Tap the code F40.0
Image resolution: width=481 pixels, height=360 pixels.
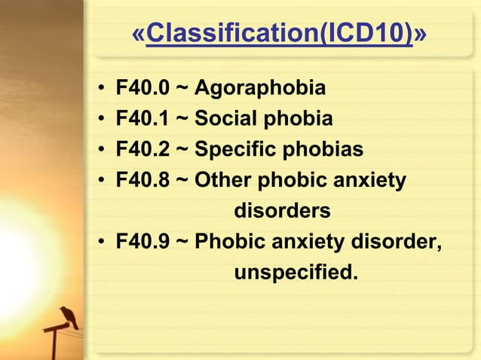(142, 90)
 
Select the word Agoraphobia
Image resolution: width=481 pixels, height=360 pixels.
(260, 90)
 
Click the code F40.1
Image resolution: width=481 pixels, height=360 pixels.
(142, 119)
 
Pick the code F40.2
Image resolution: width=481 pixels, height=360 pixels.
(142, 149)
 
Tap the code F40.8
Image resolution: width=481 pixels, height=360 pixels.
(142, 181)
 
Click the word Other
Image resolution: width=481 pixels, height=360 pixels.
(224, 181)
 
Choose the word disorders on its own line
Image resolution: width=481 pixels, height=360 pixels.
(282, 212)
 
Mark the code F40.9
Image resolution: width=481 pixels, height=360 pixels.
(142, 243)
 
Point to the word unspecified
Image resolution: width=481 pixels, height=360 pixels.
(296, 272)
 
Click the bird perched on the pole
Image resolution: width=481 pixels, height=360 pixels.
(70, 315)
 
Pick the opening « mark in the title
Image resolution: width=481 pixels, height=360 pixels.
(139, 35)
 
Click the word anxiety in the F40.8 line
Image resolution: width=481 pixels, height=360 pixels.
(370, 181)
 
